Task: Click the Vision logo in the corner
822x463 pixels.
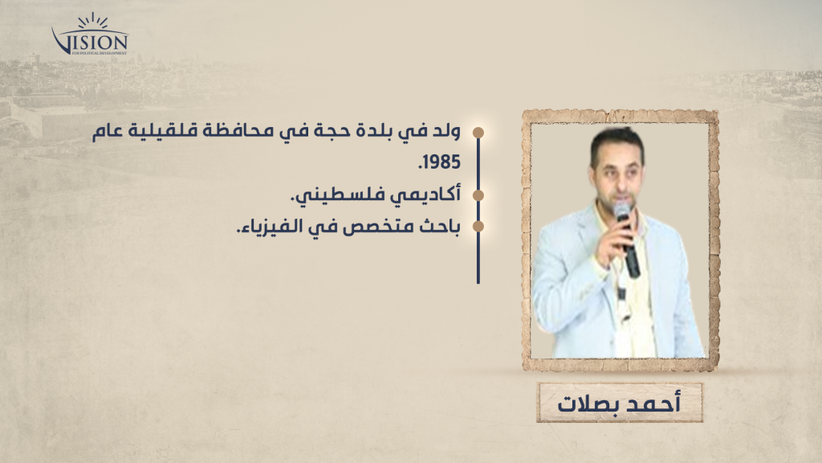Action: [x=90, y=35]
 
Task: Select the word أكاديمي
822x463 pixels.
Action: [x=431, y=195]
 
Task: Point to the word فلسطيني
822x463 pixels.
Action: [x=345, y=195]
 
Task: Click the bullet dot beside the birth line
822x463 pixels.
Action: [x=478, y=133]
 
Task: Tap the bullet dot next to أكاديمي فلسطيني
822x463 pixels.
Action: [x=478, y=195]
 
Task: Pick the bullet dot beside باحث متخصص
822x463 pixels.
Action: [x=478, y=227]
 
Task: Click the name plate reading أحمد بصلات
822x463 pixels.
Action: [x=619, y=404]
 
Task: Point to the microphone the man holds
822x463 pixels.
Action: [x=628, y=240]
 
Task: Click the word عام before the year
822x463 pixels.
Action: [x=107, y=133]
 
